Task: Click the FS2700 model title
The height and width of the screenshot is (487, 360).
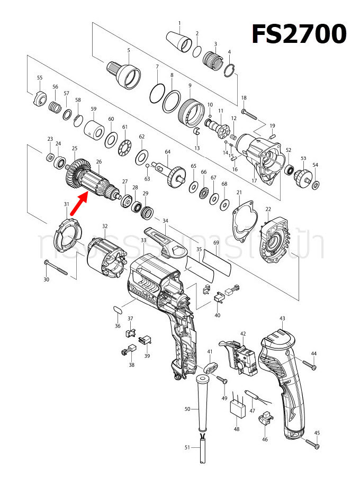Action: click(x=299, y=35)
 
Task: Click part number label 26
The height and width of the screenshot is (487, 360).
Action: click(x=98, y=161)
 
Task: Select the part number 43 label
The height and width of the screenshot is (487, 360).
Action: click(x=282, y=318)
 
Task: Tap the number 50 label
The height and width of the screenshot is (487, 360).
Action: click(x=187, y=409)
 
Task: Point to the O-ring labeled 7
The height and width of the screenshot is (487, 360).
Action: click(x=157, y=94)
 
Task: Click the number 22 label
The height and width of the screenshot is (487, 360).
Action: click(x=268, y=209)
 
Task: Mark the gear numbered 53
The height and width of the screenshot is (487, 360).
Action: click(x=303, y=175)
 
